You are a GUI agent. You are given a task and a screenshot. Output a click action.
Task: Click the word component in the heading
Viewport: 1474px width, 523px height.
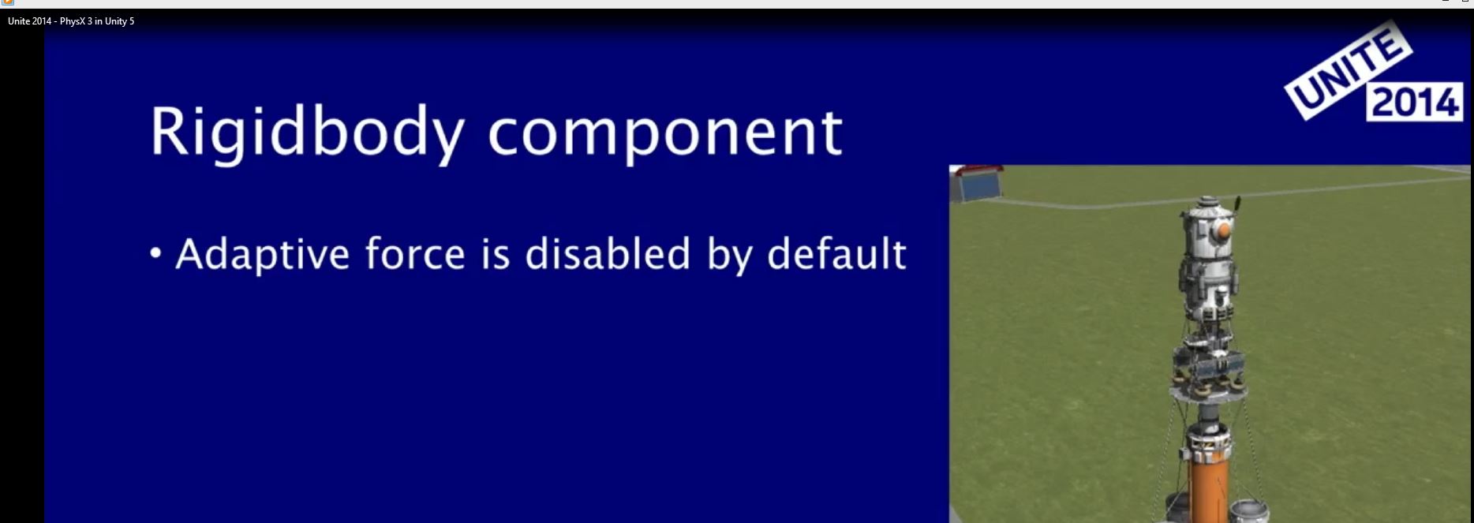click(665, 133)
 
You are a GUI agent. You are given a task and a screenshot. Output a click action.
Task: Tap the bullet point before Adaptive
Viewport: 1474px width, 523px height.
click(155, 253)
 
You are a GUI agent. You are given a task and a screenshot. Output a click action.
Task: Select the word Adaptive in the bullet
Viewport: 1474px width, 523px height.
click(261, 255)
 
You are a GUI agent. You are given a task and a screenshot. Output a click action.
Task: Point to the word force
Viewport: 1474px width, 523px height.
click(415, 253)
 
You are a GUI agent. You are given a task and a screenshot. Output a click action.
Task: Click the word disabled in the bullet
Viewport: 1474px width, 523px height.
click(608, 253)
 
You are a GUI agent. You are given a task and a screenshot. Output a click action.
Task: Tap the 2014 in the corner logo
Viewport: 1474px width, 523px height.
click(1415, 103)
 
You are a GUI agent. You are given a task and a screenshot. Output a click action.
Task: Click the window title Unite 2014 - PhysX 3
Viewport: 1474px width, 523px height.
click(71, 21)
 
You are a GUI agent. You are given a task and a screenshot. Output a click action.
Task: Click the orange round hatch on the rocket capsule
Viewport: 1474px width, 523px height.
click(1221, 230)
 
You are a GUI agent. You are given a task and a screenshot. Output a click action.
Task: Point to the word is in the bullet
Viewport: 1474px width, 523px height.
click(496, 254)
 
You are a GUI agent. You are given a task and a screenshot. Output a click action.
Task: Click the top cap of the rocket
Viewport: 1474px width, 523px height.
click(1205, 204)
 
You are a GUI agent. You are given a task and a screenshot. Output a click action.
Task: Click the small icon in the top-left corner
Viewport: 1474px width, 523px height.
click(8, 2)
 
